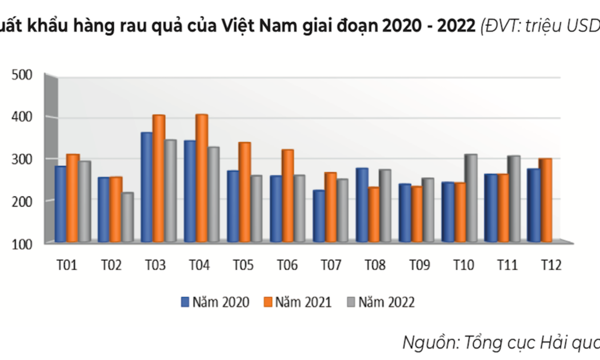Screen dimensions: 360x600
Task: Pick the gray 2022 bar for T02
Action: click(x=127, y=217)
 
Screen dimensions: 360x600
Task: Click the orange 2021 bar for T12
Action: click(x=545, y=200)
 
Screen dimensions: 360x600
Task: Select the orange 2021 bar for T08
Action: click(x=374, y=214)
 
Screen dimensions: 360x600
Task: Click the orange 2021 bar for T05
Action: click(x=245, y=192)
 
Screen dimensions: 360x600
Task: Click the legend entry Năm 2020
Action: click(x=214, y=302)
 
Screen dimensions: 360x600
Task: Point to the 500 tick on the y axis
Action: click(x=22, y=75)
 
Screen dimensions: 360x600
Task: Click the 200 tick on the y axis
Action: click(x=22, y=201)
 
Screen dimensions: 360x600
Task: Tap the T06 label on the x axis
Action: click(x=287, y=265)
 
